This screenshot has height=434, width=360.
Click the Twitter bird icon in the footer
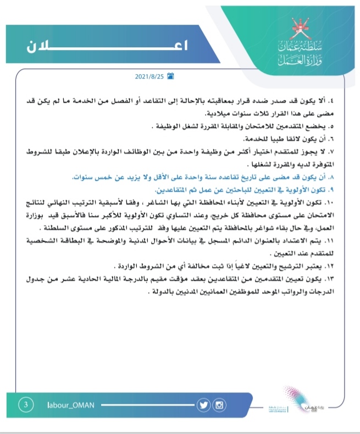(x=204, y=405)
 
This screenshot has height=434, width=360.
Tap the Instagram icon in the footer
(x=219, y=405)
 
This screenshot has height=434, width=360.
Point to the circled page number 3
(x=26, y=405)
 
